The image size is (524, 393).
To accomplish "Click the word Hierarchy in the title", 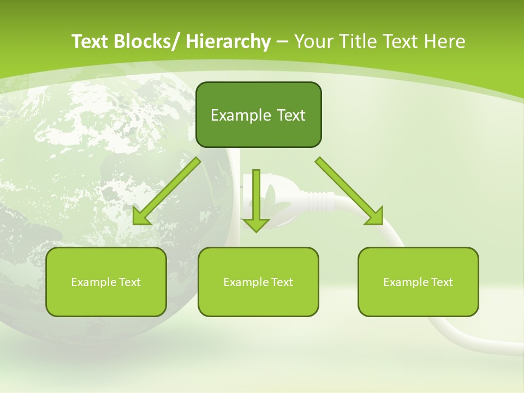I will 228,42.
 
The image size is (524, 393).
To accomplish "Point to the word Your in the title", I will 312,42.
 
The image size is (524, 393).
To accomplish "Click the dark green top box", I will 258,115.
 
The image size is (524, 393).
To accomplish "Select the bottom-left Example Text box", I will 106,282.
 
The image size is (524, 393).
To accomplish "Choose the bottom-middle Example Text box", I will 258,282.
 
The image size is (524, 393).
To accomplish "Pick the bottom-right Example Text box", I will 418,282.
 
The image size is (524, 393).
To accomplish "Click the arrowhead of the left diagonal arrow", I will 141,217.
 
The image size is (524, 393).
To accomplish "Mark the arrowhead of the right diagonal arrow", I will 375,216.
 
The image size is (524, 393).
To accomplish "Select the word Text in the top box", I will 290,115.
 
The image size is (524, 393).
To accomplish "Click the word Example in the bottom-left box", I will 92,282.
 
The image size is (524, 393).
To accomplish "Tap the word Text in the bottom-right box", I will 441,282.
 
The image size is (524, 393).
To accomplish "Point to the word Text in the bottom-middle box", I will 281,282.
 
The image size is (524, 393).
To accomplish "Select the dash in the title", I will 282,42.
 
